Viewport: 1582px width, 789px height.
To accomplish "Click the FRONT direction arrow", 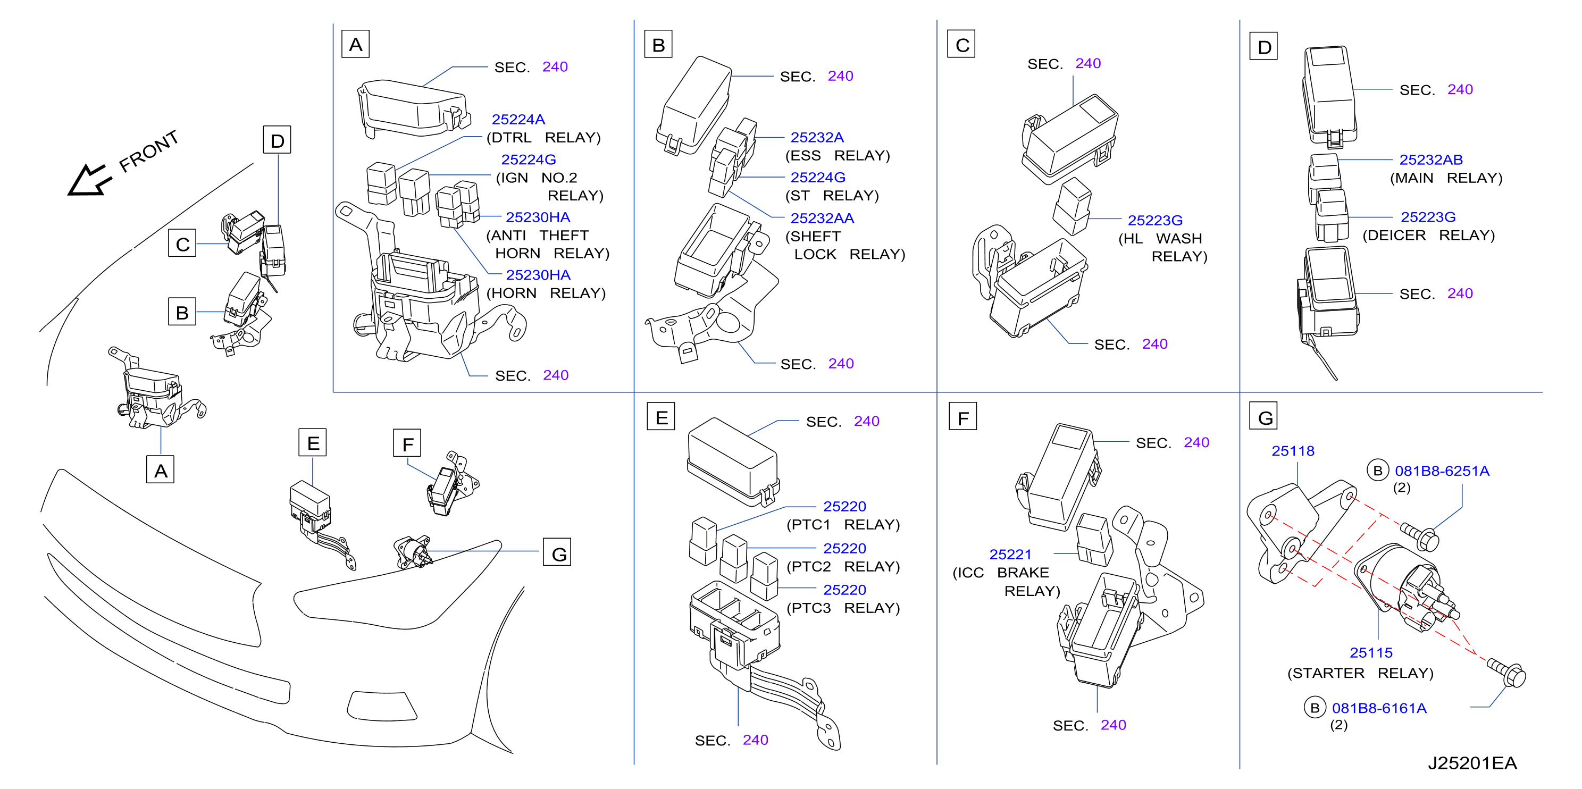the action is (x=90, y=180).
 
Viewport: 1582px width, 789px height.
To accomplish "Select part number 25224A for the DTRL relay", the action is (x=518, y=119).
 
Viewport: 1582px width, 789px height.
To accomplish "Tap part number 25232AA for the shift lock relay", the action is (x=822, y=218).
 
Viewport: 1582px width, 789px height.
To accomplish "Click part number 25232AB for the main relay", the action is (x=1430, y=160).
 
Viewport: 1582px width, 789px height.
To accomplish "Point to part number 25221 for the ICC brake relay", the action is (x=1010, y=555).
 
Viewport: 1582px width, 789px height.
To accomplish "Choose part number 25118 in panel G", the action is (x=1292, y=451).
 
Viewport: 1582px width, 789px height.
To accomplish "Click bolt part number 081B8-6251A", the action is (x=1442, y=471).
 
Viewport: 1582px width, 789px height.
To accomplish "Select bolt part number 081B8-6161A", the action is (x=1379, y=708).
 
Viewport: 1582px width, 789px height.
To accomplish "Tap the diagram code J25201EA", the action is (x=1471, y=762).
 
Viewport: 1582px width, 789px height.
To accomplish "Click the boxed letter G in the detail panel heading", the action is (x=1265, y=417).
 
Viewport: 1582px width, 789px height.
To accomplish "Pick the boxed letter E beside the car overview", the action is (x=313, y=443).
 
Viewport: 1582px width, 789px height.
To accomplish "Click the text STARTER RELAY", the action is (x=1360, y=673).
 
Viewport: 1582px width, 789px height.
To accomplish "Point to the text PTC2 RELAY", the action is (x=843, y=566).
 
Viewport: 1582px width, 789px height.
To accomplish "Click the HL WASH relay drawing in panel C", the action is (x=1072, y=206).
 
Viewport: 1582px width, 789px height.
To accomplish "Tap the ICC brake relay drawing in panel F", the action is (x=1094, y=539).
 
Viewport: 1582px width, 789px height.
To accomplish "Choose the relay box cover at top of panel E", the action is (x=733, y=461).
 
